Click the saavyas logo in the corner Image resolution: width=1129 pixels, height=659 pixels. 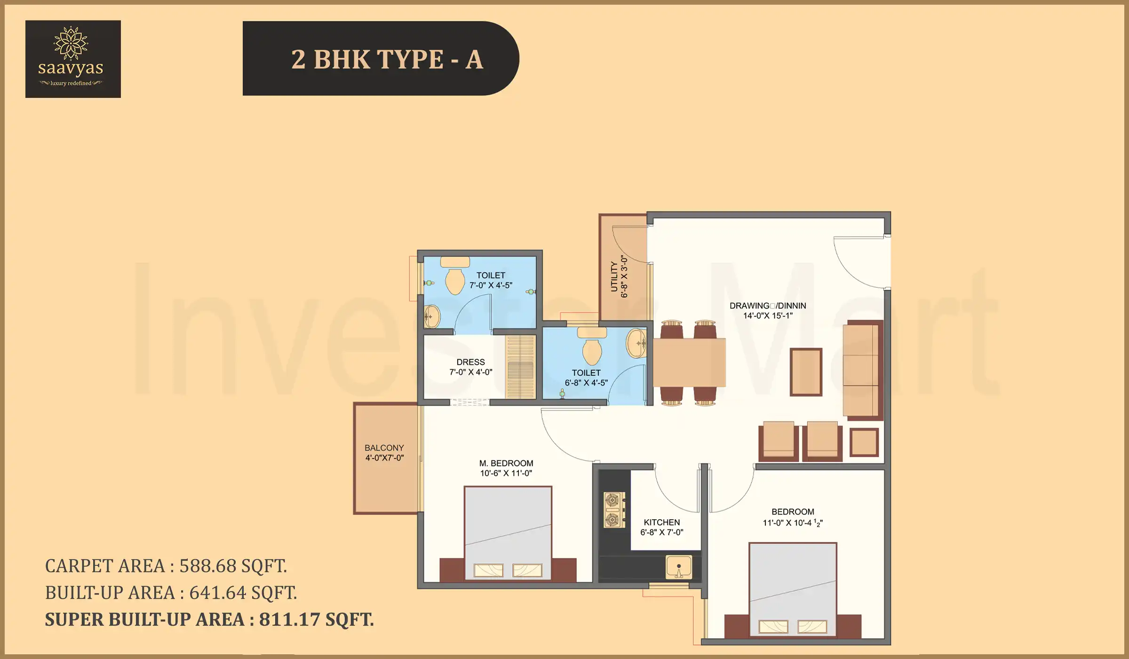[x=73, y=59]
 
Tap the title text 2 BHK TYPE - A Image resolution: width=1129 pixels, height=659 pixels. [x=387, y=59]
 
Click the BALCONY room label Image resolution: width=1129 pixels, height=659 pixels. [x=384, y=448]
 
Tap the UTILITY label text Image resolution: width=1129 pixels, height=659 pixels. [x=614, y=277]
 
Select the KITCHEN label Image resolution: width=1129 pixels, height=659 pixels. [x=661, y=522]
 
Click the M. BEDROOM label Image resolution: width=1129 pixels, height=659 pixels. [x=506, y=463]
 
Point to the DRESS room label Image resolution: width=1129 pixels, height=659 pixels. [x=470, y=362]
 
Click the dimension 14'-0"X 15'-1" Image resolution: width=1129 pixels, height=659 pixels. [x=768, y=316]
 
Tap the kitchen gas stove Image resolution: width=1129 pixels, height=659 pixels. [x=614, y=510]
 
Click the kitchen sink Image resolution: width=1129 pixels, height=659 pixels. [x=678, y=567]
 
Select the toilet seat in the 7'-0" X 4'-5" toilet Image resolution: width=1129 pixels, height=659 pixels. [x=454, y=281]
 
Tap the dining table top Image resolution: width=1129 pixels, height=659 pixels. [x=689, y=362]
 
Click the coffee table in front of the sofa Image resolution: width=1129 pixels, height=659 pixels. [x=806, y=372]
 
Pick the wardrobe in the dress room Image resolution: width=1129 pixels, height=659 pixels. [x=520, y=367]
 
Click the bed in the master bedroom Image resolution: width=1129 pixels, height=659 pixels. [x=508, y=532]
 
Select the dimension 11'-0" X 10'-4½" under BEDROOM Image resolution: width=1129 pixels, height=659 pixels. [x=792, y=523]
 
